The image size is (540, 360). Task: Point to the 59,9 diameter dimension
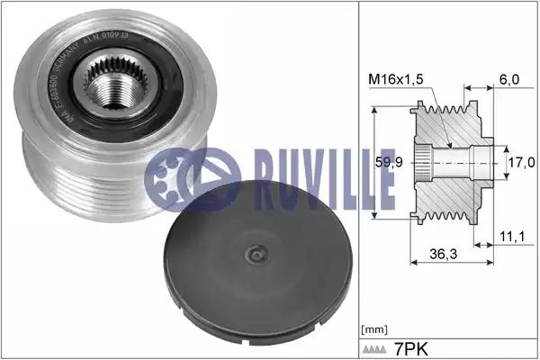point(390,164)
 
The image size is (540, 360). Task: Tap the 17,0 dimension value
point(519,164)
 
